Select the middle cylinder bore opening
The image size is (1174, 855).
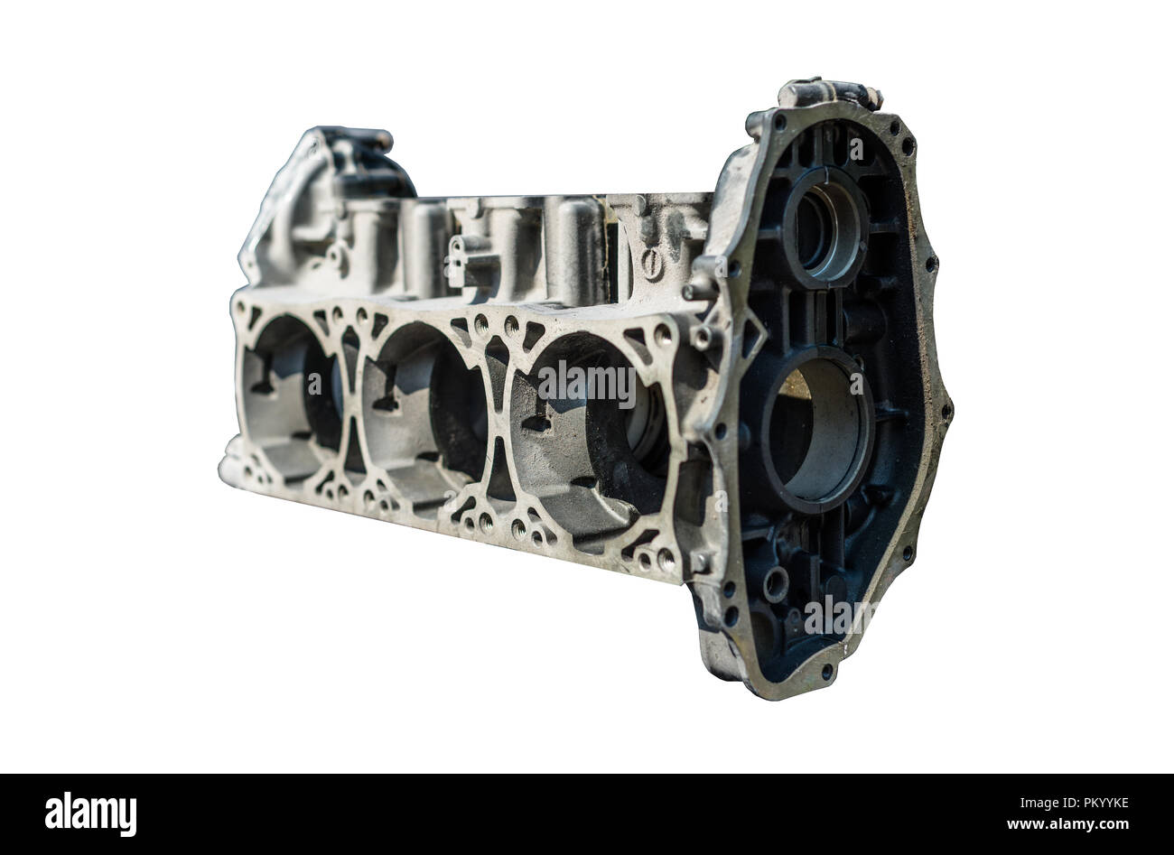pyautogui.click(x=424, y=414)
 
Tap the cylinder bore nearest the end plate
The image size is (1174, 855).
pyautogui.click(x=592, y=431)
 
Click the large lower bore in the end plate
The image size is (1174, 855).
pyautogui.click(x=817, y=431)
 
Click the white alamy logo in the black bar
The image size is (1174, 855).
pyautogui.click(x=90, y=814)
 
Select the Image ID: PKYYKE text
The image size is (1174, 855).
pyautogui.click(x=1074, y=803)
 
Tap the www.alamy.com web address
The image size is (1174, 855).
pyautogui.click(x=1067, y=824)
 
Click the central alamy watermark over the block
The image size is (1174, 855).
pyautogui.click(x=586, y=384)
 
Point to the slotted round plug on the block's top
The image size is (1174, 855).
pyautogui.click(x=653, y=265)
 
